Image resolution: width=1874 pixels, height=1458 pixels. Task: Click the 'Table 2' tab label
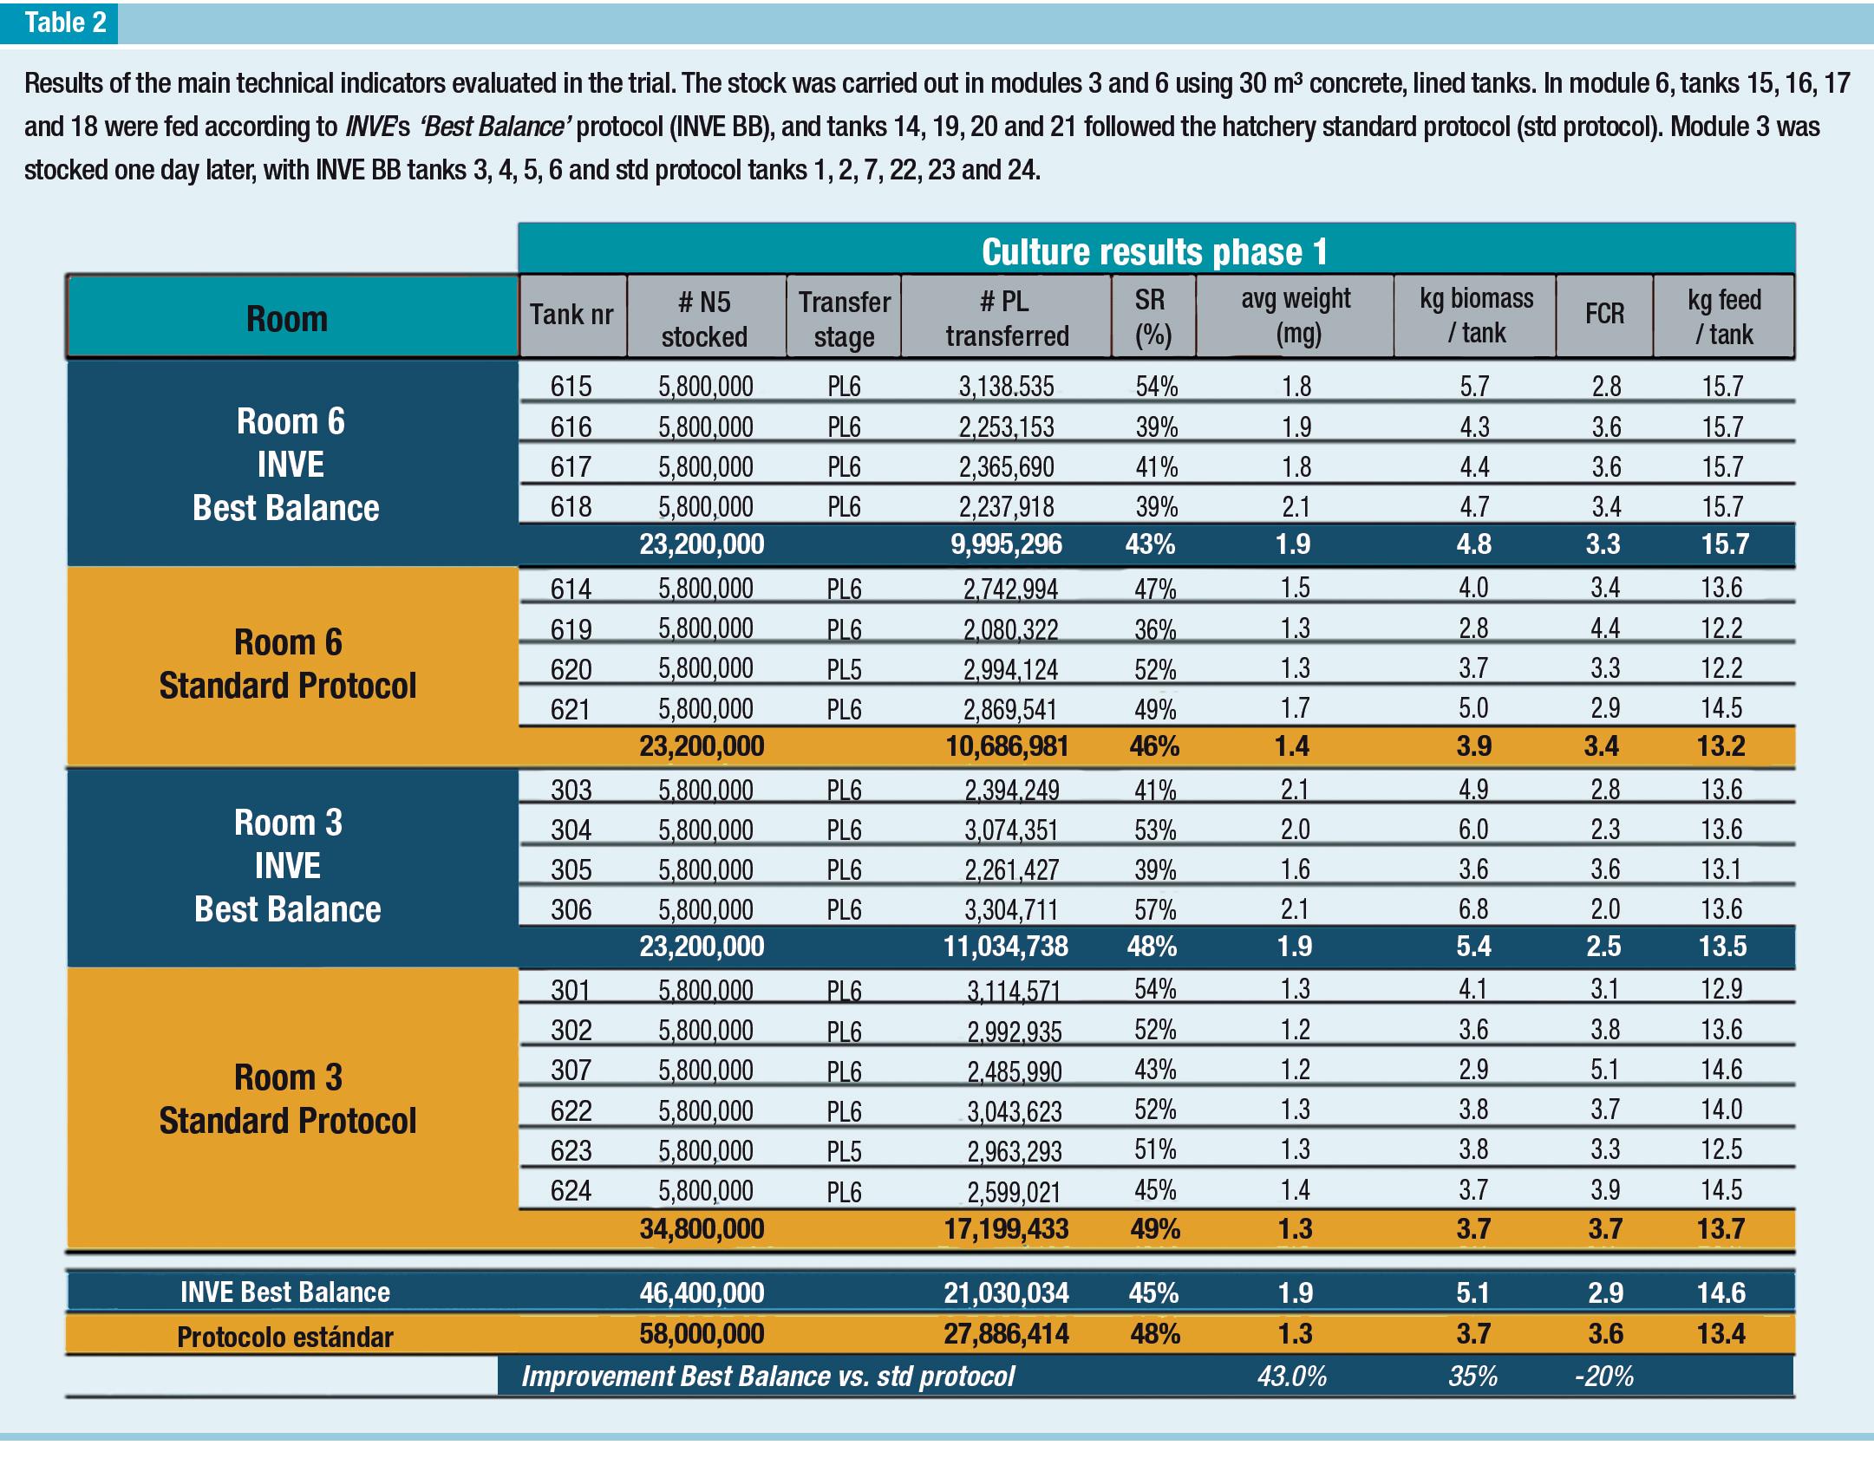[x=65, y=23]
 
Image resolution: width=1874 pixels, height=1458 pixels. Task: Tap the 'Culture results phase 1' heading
[x=1154, y=252]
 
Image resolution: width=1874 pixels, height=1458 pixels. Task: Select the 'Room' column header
[x=287, y=319]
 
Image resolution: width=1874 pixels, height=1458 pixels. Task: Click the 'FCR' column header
[x=1604, y=315]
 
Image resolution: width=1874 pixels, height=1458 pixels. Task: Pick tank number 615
[x=571, y=387]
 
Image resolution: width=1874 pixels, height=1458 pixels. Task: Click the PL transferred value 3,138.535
[x=1006, y=387]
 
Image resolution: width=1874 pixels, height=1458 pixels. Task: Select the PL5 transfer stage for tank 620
[x=844, y=670]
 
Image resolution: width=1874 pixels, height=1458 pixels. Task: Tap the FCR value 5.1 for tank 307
[x=1604, y=1070]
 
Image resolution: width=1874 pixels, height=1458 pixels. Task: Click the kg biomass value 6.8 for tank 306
[x=1473, y=909]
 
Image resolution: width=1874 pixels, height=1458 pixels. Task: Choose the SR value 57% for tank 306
[x=1155, y=909]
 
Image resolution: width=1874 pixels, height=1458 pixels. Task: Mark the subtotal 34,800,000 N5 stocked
[x=702, y=1229]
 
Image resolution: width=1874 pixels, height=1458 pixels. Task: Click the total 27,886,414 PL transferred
[x=1006, y=1333]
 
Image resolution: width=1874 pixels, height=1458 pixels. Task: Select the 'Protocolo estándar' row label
[x=284, y=1337]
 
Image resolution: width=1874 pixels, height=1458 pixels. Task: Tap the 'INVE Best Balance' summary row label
[x=284, y=1292]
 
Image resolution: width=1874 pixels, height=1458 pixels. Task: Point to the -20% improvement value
[x=1603, y=1377]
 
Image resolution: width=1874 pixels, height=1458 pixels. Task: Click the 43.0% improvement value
[x=1291, y=1377]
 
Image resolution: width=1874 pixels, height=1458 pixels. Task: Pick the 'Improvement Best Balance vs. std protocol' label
[x=767, y=1377]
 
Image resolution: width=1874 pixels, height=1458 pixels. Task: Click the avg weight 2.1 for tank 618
[x=1296, y=507]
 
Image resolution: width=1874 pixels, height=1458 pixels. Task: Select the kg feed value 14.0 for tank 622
[x=1721, y=1110]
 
